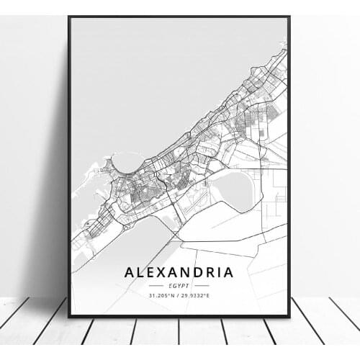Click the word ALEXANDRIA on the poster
pos(179,272)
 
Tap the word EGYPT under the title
pos(179,285)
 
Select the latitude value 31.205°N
pos(162,295)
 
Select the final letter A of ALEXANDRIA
pos(228,272)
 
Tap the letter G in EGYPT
pos(175,285)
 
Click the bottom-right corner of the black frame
pos(289,316)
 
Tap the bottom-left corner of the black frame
pos(69,316)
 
